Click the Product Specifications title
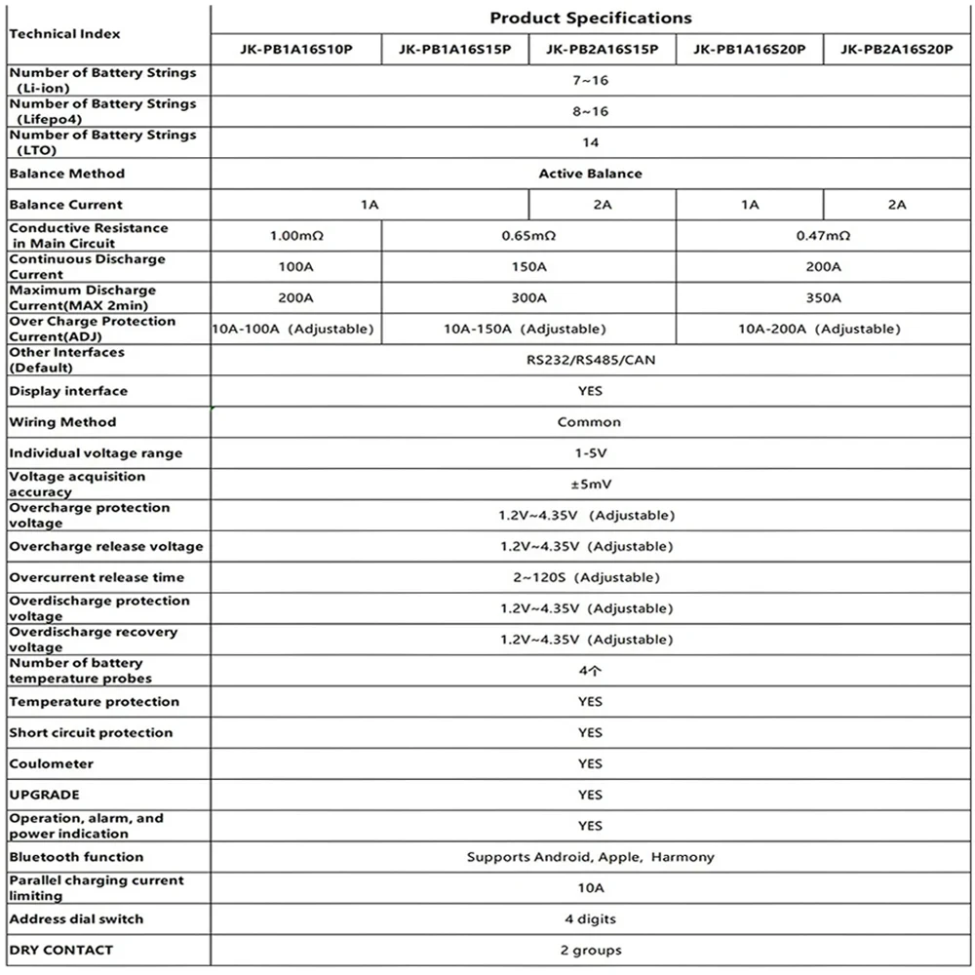[590, 18]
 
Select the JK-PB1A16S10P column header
[295, 49]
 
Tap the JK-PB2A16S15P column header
[602, 49]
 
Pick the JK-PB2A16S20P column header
[897, 49]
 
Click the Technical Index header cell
[64, 33]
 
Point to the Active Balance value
[590, 174]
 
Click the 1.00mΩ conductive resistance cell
[295, 236]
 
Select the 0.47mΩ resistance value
[824, 236]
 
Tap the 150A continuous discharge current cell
[527, 267]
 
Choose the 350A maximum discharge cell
[824, 298]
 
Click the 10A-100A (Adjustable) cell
[293, 329]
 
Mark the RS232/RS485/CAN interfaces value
[590, 360]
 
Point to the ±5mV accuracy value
[590, 485]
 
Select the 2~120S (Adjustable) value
[590, 577]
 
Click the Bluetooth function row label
[76, 857]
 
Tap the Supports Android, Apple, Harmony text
[590, 857]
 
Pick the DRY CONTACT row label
[60, 950]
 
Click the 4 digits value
[590, 918]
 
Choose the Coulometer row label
[51, 763]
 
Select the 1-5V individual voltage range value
[590, 453]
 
